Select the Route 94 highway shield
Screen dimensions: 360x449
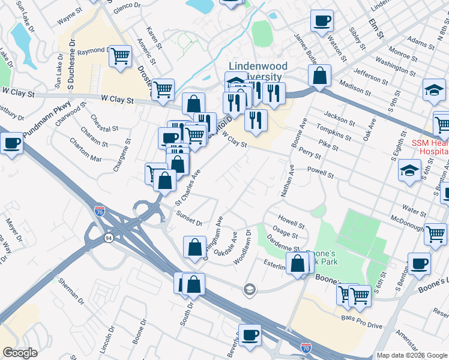click(x=108, y=238)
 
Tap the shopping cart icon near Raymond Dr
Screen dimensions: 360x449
click(x=121, y=56)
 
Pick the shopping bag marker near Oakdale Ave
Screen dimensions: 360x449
click(x=195, y=247)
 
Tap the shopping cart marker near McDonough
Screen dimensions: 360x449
click(x=435, y=234)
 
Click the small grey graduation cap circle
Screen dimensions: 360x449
click(x=250, y=291)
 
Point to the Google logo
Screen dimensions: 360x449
click(x=20, y=353)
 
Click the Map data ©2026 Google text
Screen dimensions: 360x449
click(x=411, y=355)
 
